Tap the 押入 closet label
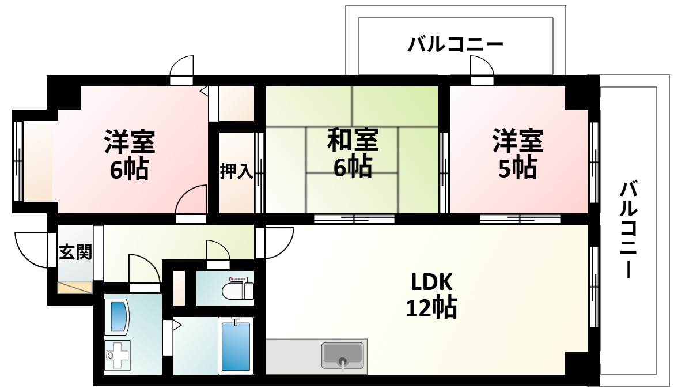(236, 172)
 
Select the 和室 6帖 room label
(352, 153)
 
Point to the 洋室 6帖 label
(129, 154)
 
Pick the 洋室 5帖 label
(517, 154)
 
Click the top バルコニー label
(455, 44)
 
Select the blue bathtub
(236, 346)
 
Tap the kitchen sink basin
(343, 355)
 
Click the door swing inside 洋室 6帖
(191, 201)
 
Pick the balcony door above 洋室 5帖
(482, 68)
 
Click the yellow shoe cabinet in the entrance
(75, 287)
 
